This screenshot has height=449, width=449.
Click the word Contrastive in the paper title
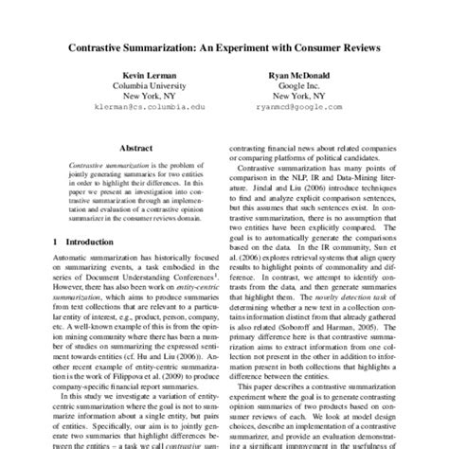tap(98, 44)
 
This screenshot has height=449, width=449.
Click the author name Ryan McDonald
tap(303, 74)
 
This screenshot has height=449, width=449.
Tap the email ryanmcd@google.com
tap(303, 109)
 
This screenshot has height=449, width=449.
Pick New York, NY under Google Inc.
tap(303, 97)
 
